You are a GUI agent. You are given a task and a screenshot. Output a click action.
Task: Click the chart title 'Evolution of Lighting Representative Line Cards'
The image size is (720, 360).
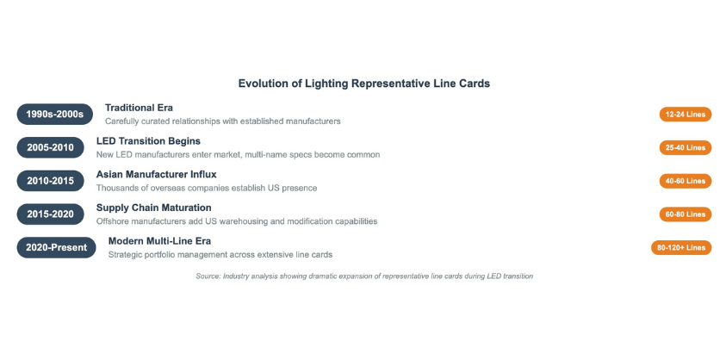(363, 84)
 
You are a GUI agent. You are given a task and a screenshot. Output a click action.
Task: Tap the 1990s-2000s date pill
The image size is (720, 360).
(54, 115)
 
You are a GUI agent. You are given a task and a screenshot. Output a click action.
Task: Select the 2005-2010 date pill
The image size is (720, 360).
(51, 147)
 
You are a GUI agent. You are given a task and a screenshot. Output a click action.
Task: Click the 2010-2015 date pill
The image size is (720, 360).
(51, 181)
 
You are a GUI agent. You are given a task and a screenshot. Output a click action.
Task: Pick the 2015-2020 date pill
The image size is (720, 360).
(51, 214)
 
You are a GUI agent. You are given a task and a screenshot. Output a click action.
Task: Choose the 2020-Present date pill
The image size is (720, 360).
(57, 247)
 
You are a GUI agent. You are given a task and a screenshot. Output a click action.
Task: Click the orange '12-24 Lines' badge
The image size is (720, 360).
(685, 115)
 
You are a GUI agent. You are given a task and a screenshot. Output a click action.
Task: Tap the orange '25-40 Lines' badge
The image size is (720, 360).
(685, 147)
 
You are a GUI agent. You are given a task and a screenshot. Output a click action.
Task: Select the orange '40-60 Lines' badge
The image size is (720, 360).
(685, 181)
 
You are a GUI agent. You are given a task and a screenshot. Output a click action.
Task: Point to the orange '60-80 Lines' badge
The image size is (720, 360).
(685, 214)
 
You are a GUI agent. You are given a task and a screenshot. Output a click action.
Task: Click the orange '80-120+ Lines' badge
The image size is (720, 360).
(681, 247)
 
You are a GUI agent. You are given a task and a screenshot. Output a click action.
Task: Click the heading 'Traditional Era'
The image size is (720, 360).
(139, 108)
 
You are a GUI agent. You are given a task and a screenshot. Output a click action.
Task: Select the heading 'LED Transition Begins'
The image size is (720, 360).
(148, 141)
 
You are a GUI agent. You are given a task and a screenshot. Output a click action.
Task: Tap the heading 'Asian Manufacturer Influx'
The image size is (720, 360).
(156, 175)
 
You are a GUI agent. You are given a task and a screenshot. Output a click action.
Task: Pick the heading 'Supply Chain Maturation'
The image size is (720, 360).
(154, 208)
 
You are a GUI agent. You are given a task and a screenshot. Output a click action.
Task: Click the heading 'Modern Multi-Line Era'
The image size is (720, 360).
(160, 241)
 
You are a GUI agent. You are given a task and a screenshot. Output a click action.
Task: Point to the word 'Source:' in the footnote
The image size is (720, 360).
(208, 276)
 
